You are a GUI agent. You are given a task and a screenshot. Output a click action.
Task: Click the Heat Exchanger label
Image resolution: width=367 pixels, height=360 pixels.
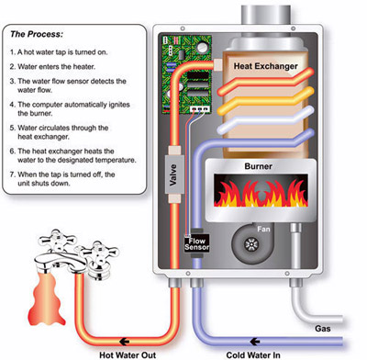click(x=265, y=66)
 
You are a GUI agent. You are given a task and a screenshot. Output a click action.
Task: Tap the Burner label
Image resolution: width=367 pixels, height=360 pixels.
click(x=258, y=166)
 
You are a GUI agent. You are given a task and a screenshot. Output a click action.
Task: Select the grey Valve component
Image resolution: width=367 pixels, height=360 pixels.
click(x=174, y=174)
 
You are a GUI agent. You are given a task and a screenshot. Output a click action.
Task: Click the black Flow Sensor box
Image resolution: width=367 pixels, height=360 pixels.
click(x=196, y=243)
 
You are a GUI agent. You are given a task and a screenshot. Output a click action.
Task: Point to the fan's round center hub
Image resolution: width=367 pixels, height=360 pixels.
click(x=251, y=244)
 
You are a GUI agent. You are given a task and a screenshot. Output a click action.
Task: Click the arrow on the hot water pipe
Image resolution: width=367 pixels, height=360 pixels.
click(x=124, y=342)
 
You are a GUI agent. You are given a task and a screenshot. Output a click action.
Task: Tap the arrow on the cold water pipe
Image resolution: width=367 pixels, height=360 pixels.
click(x=254, y=342)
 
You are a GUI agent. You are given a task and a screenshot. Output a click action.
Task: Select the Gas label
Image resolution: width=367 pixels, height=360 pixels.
click(x=323, y=329)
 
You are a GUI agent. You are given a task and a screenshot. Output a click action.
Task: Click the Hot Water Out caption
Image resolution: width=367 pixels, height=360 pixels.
click(x=128, y=355)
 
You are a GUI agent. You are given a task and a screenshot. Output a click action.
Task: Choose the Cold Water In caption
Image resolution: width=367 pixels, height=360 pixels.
click(x=253, y=355)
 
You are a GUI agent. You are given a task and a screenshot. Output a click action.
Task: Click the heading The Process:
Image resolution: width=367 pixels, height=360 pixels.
click(x=37, y=34)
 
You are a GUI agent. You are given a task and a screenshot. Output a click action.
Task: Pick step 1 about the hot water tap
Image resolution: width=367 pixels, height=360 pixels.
click(x=59, y=52)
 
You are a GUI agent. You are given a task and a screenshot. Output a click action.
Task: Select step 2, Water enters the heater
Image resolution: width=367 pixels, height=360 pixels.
click(x=52, y=66)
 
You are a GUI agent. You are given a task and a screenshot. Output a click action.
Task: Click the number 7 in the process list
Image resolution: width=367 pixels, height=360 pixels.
click(x=12, y=174)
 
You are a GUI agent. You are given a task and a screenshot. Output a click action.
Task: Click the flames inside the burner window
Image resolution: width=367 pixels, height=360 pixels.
click(x=261, y=193)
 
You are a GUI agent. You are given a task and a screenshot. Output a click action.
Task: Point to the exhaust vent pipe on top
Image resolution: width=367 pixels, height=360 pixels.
click(x=265, y=15)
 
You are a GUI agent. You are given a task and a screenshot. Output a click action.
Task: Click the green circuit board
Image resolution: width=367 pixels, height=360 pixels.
click(x=186, y=74)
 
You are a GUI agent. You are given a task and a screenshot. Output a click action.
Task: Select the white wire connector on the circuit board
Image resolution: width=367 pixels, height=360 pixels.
click(x=200, y=108)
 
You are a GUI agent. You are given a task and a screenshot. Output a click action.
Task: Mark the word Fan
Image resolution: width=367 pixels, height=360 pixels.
click(x=263, y=229)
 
